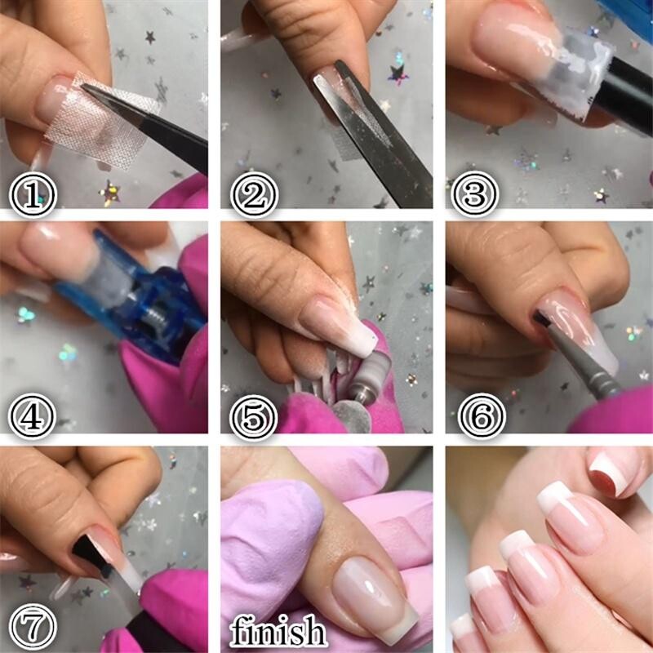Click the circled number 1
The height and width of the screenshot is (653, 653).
33,194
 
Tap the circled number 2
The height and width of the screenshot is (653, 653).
254,194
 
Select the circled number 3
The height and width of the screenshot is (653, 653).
475,194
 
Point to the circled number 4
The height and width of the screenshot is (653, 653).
33,416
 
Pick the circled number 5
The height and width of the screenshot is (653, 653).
254,416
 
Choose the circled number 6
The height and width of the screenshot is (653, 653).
482,416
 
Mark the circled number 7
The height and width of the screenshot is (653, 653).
33,627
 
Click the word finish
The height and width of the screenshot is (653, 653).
278,631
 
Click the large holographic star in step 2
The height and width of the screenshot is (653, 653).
398,74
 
